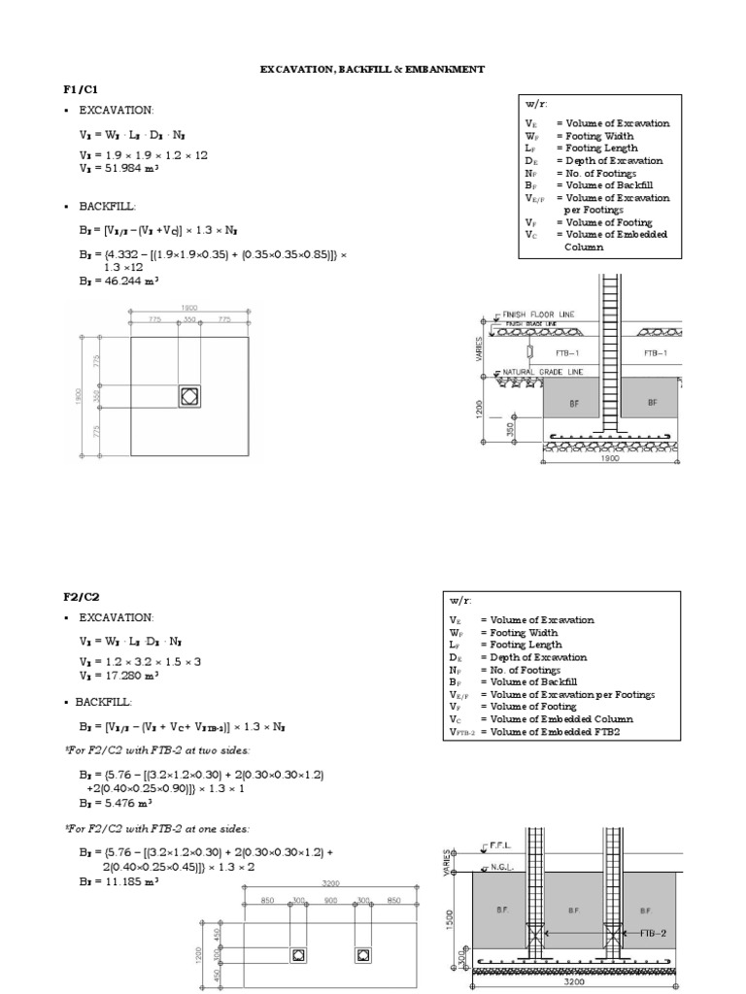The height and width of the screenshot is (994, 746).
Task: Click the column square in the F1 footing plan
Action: click(x=189, y=396)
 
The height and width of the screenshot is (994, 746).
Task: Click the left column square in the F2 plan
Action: click(x=297, y=955)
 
